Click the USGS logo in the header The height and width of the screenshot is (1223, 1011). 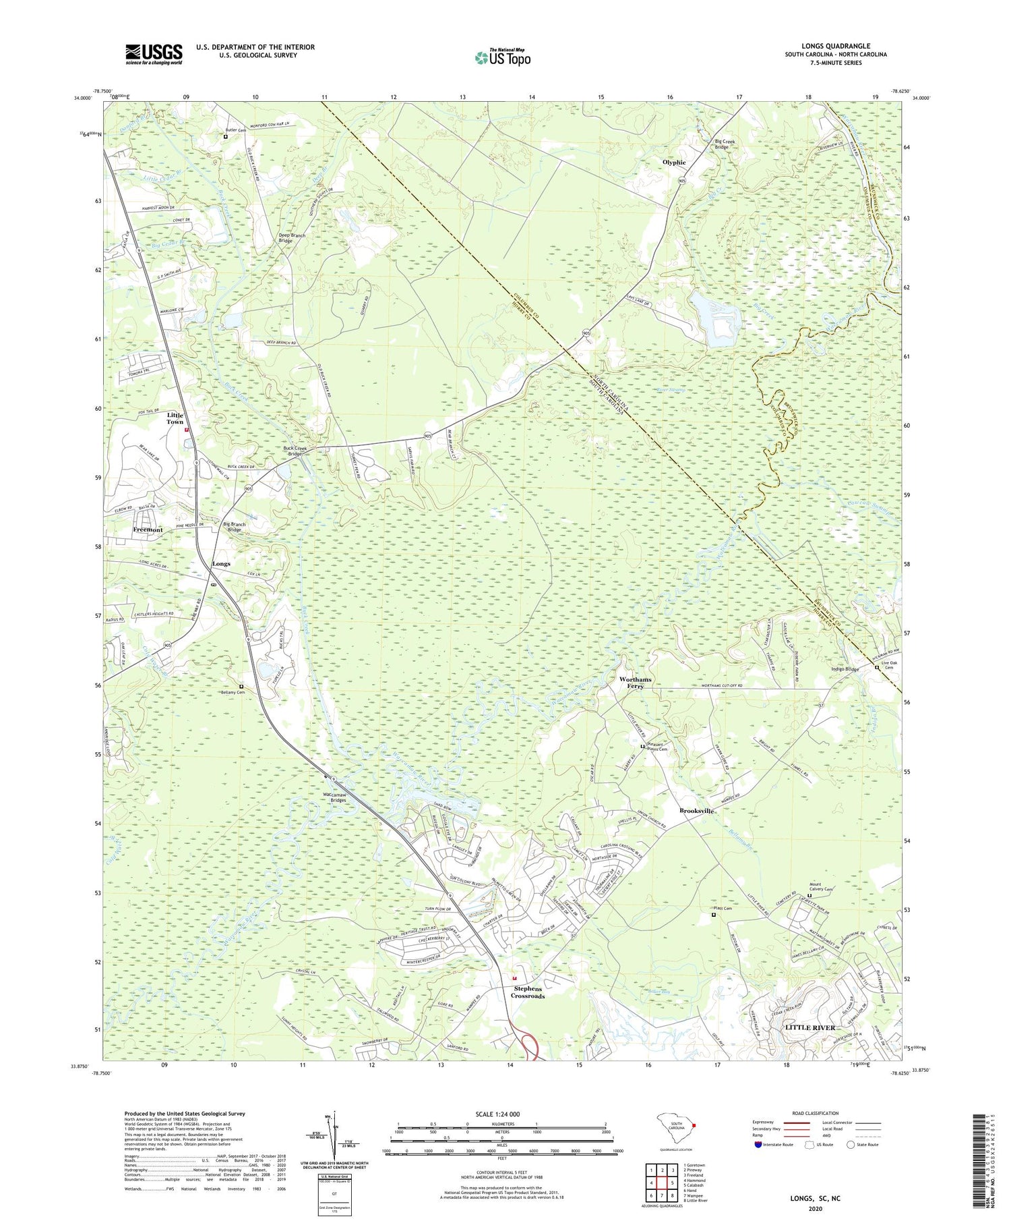click(154, 54)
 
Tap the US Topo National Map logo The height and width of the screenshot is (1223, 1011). click(502, 57)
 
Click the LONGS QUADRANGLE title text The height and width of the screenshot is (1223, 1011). click(835, 46)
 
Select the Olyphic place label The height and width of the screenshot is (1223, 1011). click(674, 163)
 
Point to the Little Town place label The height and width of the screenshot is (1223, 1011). click(175, 418)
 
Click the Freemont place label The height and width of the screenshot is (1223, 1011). click(148, 530)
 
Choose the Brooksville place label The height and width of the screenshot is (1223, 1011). click(696, 811)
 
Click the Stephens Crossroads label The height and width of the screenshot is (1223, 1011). click(527, 992)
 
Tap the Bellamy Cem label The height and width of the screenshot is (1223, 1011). click(232, 693)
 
